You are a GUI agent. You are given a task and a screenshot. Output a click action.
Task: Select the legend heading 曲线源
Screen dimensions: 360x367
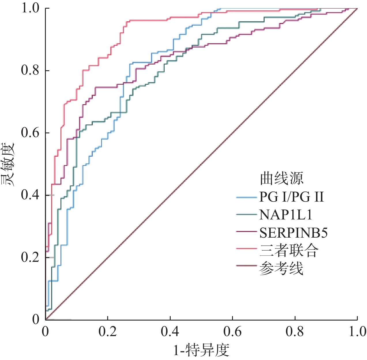pos(281,179)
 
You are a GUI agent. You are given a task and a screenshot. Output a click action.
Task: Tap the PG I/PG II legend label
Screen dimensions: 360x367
pos(291,197)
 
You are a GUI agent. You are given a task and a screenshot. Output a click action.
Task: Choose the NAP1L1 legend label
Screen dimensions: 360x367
pos(286,215)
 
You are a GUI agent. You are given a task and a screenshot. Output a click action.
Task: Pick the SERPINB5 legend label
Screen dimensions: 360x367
pos(293,233)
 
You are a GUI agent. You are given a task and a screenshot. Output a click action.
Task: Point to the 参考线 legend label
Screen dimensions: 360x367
pos(281,268)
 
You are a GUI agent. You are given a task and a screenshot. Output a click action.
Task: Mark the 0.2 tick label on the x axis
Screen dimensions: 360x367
pos(107,331)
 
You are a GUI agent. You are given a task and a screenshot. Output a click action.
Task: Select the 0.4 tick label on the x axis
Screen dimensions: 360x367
pos(170,331)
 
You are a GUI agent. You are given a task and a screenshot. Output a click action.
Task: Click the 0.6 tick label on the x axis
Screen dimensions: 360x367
pos(232,331)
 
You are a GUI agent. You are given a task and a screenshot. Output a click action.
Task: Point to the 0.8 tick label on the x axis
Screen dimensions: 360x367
pos(295,331)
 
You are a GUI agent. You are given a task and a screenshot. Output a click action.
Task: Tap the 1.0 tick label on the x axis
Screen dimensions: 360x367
pos(357,331)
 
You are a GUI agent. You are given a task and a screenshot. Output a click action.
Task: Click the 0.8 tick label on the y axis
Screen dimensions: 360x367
pos(30,70)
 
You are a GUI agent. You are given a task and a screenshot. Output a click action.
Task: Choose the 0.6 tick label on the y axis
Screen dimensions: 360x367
pos(30,132)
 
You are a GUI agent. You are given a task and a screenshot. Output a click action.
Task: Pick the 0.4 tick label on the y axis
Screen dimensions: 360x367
pos(30,195)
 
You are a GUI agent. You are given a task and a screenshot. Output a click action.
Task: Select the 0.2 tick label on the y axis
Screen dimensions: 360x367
pos(30,257)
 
